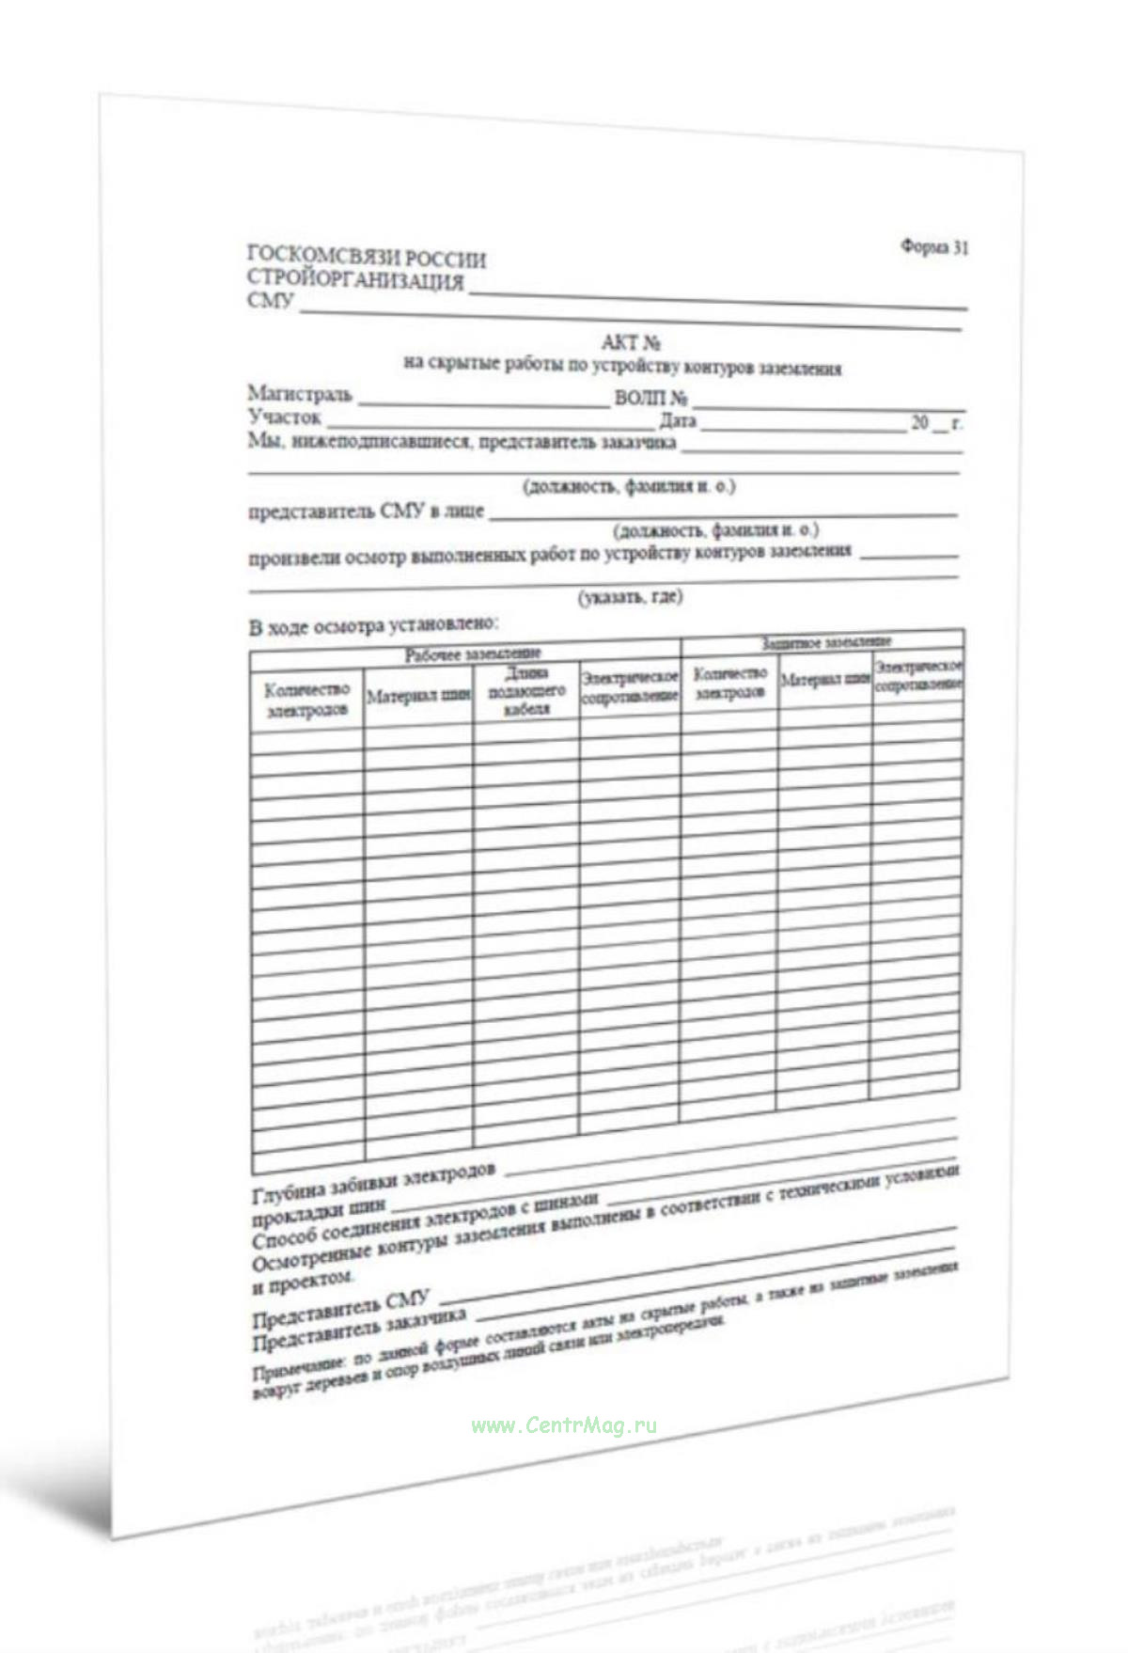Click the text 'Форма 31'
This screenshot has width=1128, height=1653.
[933, 247]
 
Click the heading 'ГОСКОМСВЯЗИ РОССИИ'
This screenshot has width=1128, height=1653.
[366, 257]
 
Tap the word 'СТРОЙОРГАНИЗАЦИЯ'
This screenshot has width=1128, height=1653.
[355, 280]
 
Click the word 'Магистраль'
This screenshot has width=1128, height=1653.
[300, 393]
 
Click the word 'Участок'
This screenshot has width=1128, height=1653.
[284, 417]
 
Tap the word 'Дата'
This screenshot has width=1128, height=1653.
[678, 421]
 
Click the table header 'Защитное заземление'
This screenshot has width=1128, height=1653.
[826, 643]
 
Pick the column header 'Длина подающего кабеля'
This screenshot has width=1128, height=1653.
[525, 691]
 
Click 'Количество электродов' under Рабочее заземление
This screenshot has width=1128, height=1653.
[307, 701]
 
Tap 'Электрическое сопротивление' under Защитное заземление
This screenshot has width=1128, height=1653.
[917, 675]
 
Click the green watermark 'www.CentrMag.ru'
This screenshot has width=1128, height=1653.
[564, 1425]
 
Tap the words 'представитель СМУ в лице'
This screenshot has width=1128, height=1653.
[366, 512]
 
